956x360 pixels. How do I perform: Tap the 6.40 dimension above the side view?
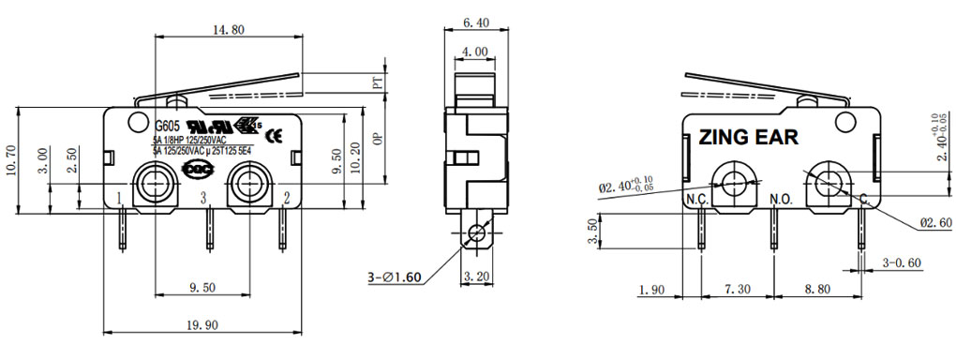tap(475, 22)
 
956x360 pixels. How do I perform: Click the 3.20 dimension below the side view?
tap(479, 277)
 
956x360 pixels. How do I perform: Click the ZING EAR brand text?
tap(748, 138)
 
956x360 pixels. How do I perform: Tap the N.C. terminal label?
tap(697, 200)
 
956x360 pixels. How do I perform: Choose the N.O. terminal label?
tap(781, 200)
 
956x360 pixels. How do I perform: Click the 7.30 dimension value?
tap(736, 291)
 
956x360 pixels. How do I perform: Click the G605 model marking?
tap(166, 126)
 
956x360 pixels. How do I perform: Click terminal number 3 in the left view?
tap(203, 197)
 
